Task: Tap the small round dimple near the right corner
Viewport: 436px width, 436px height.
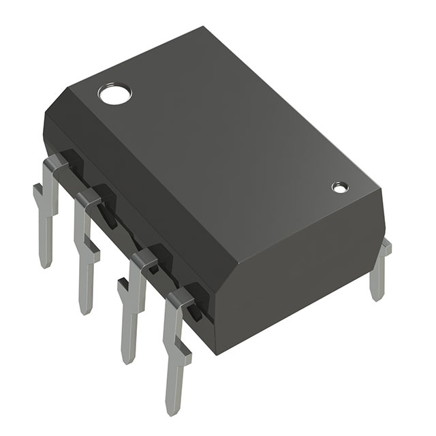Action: [339, 186]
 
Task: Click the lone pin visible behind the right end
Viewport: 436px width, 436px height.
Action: [379, 272]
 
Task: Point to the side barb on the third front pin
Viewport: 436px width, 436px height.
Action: [123, 289]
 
